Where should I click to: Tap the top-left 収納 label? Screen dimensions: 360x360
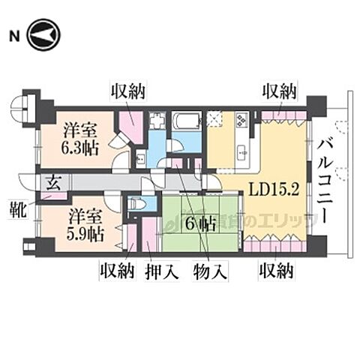pyautogui.click(x=128, y=91)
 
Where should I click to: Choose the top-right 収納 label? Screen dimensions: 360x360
pyautogui.click(x=280, y=91)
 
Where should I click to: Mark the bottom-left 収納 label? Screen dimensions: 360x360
pyautogui.click(x=117, y=271)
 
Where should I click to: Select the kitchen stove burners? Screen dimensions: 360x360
pyautogui.click(x=243, y=119)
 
